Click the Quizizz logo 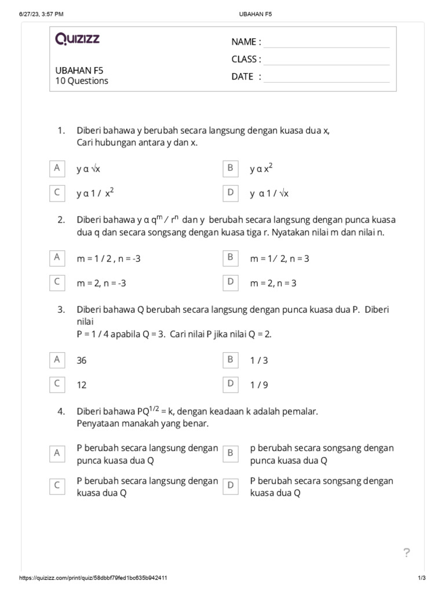click(x=77, y=39)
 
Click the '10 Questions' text click(x=82, y=81)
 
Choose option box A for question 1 click(x=57, y=168)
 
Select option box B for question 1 click(x=230, y=168)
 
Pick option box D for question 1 click(x=230, y=193)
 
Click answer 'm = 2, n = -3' click(x=101, y=283)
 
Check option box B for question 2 click(x=230, y=257)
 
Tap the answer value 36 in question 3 click(x=82, y=360)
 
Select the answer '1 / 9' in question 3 click(x=259, y=385)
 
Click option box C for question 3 click(x=57, y=383)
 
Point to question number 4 click(x=61, y=412)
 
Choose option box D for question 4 click(x=230, y=486)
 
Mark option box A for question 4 click(x=57, y=453)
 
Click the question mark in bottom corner click(x=407, y=553)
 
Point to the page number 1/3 click(x=421, y=578)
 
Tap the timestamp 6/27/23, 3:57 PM click(x=41, y=13)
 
